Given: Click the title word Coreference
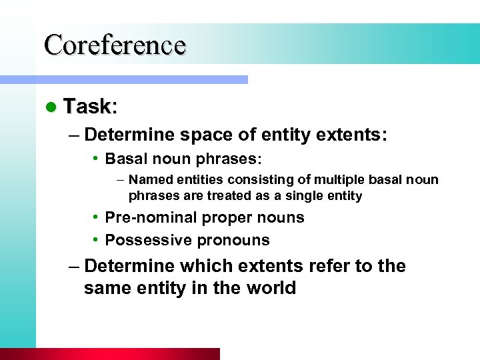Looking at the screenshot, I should pos(115,45).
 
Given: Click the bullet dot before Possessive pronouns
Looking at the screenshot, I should pos(97,240).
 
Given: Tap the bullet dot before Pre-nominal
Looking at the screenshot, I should pos(97,217).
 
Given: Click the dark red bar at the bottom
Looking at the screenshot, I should pos(110,354).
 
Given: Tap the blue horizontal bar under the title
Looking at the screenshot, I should pos(123,79).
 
